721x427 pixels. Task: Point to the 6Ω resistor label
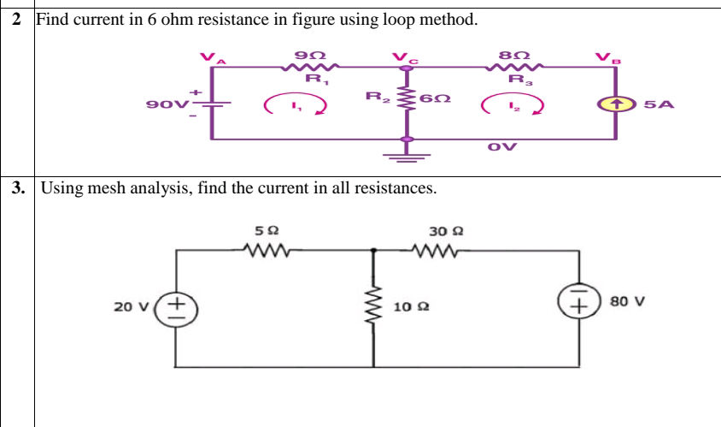coord(436,98)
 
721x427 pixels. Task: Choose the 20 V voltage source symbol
coord(177,305)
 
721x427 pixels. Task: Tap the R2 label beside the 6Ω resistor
coord(377,96)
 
